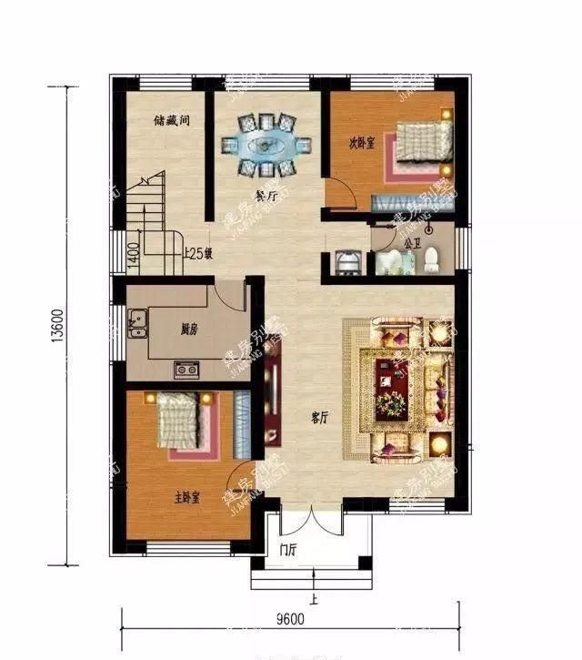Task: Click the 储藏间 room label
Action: (171, 119)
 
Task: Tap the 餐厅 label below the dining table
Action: (266, 195)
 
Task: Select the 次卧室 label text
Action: (362, 143)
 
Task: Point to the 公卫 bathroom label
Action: (411, 243)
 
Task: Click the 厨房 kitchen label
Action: (190, 330)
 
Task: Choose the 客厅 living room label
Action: (318, 418)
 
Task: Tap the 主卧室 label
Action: (187, 497)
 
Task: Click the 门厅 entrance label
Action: (290, 549)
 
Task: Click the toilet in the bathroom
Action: (430, 259)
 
